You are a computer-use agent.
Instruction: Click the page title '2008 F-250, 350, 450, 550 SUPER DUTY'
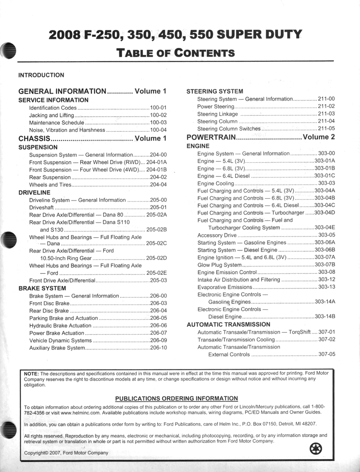[175, 35]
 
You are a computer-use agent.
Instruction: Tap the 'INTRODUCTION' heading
[41, 75]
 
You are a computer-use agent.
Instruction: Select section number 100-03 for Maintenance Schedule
[158, 123]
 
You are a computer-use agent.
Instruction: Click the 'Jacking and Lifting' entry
[51, 115]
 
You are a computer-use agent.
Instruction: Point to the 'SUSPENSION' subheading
[38, 147]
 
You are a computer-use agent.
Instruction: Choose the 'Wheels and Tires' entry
[50, 185]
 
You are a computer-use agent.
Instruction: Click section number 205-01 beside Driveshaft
[158, 207]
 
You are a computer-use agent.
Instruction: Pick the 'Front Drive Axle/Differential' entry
[62, 280]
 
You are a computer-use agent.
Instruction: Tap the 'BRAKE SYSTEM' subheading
[42, 288]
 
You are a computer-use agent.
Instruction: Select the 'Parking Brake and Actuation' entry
[64, 318]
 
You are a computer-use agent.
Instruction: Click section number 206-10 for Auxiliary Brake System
[158, 348]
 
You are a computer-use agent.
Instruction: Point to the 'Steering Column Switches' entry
[229, 129]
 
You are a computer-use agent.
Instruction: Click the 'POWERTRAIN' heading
[211, 137]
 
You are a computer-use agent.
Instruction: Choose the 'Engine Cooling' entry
[216, 183]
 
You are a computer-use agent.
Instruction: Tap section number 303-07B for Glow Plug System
[325, 265]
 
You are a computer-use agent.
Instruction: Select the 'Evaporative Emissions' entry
[224, 287]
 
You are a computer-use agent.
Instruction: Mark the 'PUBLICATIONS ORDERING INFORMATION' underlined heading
[177, 398]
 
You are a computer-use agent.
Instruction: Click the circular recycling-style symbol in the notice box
[316, 448]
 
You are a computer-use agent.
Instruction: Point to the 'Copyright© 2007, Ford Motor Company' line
[66, 453]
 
